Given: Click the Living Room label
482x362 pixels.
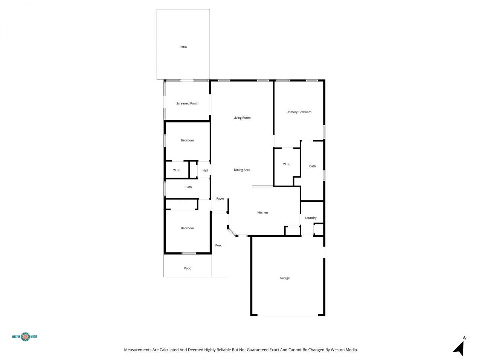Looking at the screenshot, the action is tap(242, 118).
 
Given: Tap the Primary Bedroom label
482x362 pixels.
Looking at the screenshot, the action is tap(299, 112).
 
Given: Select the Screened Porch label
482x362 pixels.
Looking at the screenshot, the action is tap(187, 103).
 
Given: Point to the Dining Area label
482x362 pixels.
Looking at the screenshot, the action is tap(242, 170).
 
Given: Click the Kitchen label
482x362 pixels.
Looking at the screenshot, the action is tap(262, 213).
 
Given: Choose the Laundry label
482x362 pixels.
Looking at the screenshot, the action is tap(311, 218).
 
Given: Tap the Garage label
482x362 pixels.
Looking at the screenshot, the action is tap(285, 278).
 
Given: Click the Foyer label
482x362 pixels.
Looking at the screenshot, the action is tap(220, 198).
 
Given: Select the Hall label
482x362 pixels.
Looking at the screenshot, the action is tap(205, 170).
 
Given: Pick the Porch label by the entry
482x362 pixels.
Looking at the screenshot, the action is tap(219, 245).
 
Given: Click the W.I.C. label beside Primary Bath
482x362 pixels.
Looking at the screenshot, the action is tap(287, 164).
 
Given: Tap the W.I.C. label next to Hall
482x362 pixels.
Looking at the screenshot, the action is tap(177, 170).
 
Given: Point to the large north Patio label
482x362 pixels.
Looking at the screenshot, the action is tap(183, 47).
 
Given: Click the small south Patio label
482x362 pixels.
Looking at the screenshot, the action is tap(188, 268).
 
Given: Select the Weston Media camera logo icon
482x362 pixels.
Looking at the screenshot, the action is tap(25, 336).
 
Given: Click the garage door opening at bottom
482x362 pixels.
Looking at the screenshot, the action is tap(288, 315).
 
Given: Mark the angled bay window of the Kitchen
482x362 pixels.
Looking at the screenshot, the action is tap(232, 232).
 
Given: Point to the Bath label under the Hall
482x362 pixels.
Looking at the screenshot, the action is tap(188, 187).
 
